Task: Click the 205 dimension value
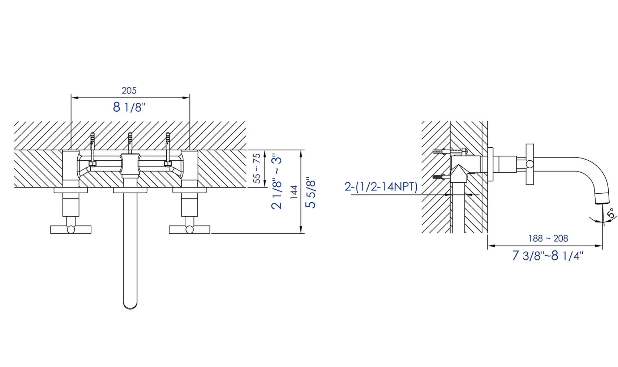coord(129,90)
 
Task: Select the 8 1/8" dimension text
coord(129,107)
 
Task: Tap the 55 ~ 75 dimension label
coord(257,168)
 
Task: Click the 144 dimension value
coord(294,192)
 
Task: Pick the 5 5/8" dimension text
coord(310,193)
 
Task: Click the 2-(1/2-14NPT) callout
coord(381,187)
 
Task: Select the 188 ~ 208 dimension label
coord(548,238)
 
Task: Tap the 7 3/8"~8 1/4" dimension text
coord(548,256)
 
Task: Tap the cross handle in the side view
coord(530,164)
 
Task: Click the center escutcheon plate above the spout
coord(130,190)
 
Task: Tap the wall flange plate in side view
coord(490,164)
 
